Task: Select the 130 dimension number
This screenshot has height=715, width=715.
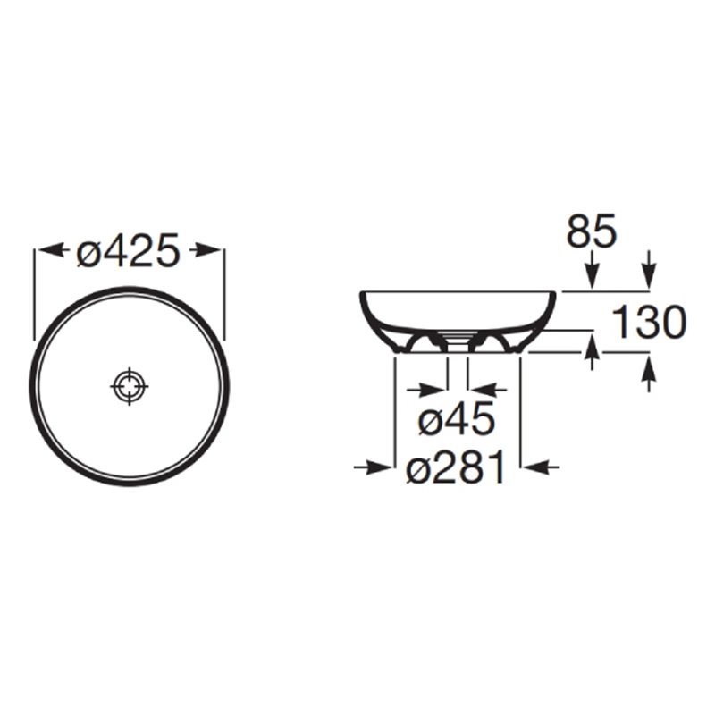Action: pos(649,322)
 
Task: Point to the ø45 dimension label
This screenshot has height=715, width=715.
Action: pos(457,419)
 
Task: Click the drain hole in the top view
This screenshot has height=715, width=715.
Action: pos(130,386)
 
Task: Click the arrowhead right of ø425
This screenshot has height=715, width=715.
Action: pos(205,249)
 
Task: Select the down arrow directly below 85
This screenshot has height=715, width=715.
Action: pos(592,270)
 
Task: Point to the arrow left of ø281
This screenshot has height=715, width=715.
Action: pos(373,467)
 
